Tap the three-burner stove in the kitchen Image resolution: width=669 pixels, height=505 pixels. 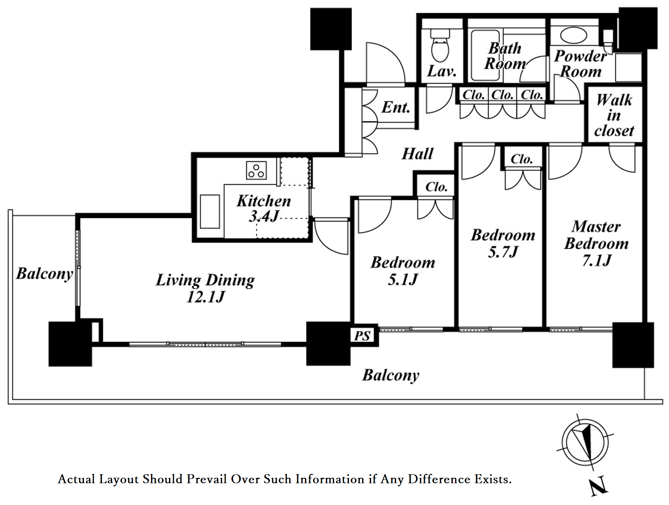pyautogui.click(x=256, y=170)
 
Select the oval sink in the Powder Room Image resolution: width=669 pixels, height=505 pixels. pyautogui.click(x=573, y=35)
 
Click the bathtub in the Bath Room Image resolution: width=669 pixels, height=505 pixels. pyautogui.click(x=485, y=55)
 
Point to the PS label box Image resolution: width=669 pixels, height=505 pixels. pyautogui.click(x=362, y=335)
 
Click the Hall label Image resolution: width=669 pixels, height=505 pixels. pyautogui.click(x=417, y=154)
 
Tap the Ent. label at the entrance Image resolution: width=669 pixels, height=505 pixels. pyautogui.click(x=396, y=107)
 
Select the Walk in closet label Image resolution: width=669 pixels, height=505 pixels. pyautogui.click(x=614, y=115)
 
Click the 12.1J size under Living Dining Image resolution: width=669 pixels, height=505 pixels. pyautogui.click(x=206, y=297)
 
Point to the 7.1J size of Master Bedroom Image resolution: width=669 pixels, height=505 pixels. pyautogui.click(x=597, y=261)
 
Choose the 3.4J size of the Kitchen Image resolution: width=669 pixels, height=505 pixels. pyautogui.click(x=264, y=216)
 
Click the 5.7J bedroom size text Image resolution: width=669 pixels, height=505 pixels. pyautogui.click(x=503, y=252)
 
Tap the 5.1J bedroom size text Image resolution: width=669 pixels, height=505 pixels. pyautogui.click(x=403, y=279)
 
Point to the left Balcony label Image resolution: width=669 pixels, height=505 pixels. pyautogui.click(x=44, y=274)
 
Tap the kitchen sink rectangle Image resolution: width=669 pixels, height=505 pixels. pyautogui.click(x=210, y=211)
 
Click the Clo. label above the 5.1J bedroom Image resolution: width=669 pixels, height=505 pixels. pyautogui.click(x=436, y=187)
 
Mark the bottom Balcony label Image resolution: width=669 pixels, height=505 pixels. pyautogui.click(x=391, y=375)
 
